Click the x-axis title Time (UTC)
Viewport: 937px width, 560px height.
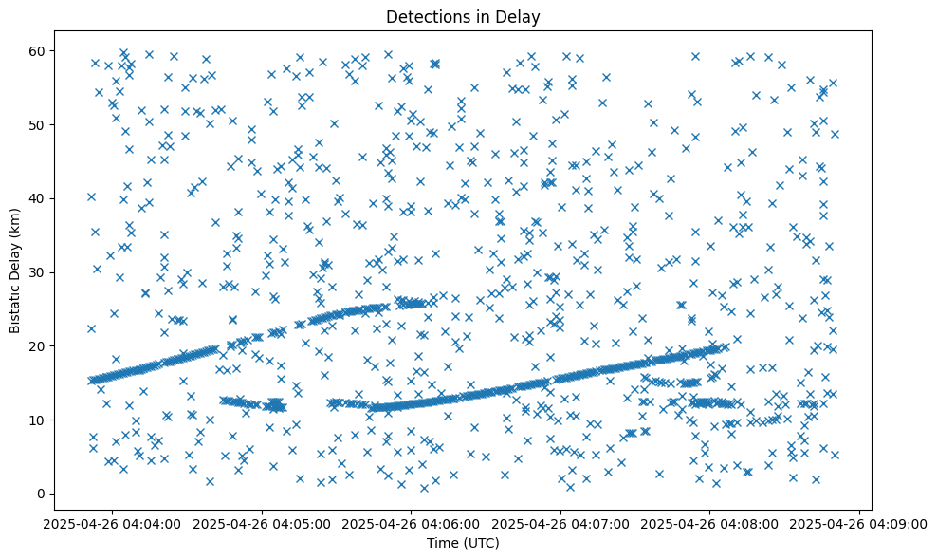[463, 544]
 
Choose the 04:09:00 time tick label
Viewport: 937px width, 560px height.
[859, 523]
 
